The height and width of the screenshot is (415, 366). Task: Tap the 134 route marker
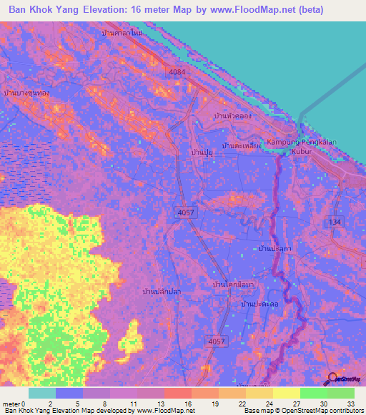[333, 223]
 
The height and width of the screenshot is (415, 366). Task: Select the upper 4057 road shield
[186, 212]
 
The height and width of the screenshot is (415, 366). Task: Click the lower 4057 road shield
[217, 342]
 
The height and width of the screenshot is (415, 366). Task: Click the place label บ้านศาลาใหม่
[122, 34]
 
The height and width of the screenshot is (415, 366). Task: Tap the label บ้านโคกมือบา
[233, 284]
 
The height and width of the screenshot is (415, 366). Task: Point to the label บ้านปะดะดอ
[260, 304]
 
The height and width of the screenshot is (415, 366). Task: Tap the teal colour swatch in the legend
[41, 393]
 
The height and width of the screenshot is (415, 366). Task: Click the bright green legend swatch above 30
[313, 393]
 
